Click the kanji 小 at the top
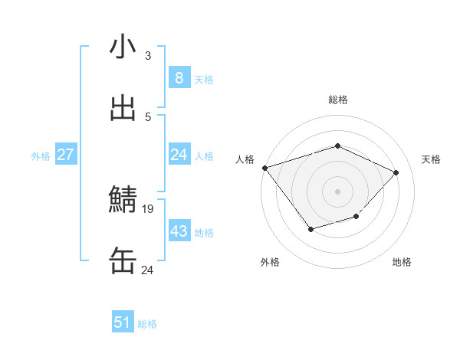point(123,47)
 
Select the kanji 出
point(123,108)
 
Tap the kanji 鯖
point(123,200)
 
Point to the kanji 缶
point(123,261)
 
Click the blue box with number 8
point(179,78)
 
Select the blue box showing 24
point(179,155)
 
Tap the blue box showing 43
point(179,231)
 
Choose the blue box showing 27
point(65,155)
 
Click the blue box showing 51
point(123,322)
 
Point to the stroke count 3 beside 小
point(148,55)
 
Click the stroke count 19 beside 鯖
point(148,208)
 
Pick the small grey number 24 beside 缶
point(147,270)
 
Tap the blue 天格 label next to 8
point(204,79)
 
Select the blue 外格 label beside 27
point(41,155)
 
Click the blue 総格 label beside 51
point(147,324)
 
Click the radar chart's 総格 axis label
point(337,100)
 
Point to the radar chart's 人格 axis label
point(245,159)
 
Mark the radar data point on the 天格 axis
point(396,172)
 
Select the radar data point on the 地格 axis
point(356,217)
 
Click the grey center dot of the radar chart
point(337,191)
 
